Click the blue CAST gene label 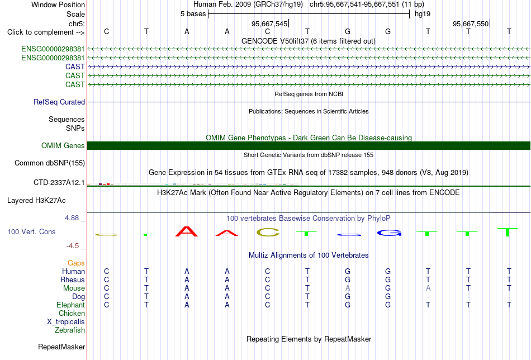point(75,67)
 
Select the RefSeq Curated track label point(59,102)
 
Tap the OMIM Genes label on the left point(63,146)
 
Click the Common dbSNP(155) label point(50,163)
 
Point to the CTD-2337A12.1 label point(59,183)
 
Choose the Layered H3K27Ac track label point(36,201)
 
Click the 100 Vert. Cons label point(31,231)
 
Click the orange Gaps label point(76,263)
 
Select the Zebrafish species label point(70,330)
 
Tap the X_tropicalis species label point(66,322)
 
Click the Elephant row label point(70,305)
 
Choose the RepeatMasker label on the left point(61,347)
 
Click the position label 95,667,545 point(269,23)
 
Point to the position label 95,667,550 point(471,23)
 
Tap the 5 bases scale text point(193,14)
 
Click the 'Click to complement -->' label point(46,32)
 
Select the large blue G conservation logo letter point(390,233)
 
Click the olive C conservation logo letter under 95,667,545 point(268,233)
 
